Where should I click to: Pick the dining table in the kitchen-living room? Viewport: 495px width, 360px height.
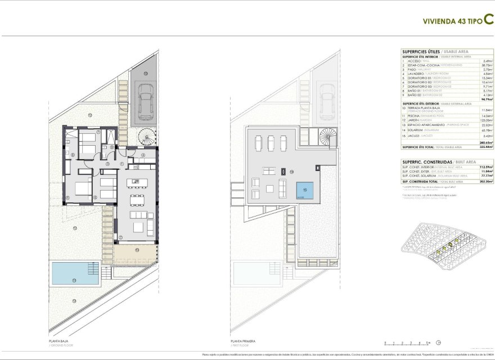(x=135, y=200)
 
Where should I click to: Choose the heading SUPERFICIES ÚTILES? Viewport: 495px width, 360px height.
(x=420, y=51)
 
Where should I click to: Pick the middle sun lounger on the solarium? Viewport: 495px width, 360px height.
(x=270, y=143)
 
